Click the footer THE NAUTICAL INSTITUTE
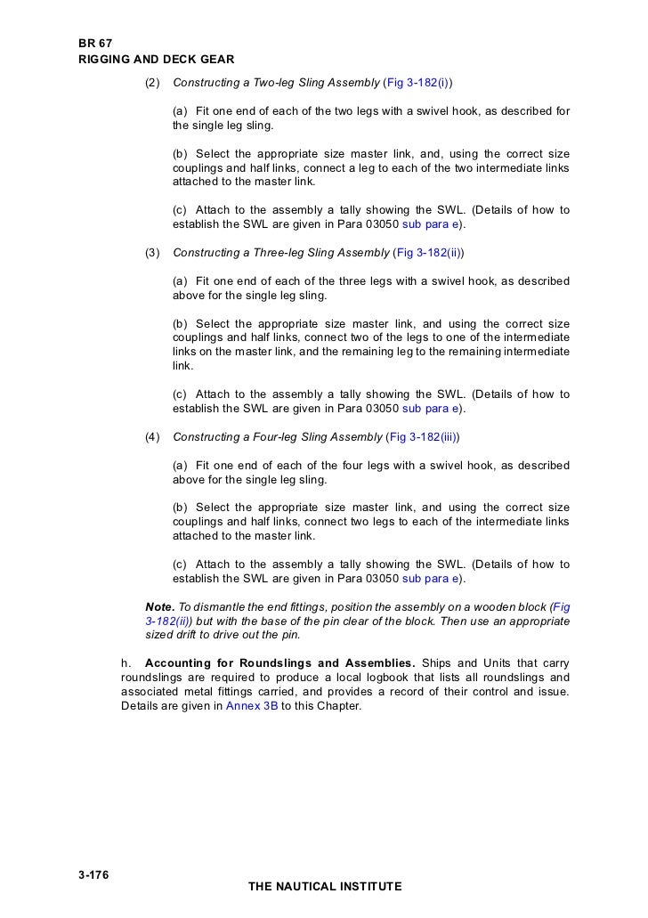(x=325, y=887)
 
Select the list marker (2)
(x=152, y=83)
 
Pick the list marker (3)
(x=152, y=253)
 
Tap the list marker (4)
(x=152, y=437)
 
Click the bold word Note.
(x=160, y=606)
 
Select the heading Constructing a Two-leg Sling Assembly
(x=276, y=83)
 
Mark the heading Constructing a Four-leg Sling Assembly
(x=278, y=437)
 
